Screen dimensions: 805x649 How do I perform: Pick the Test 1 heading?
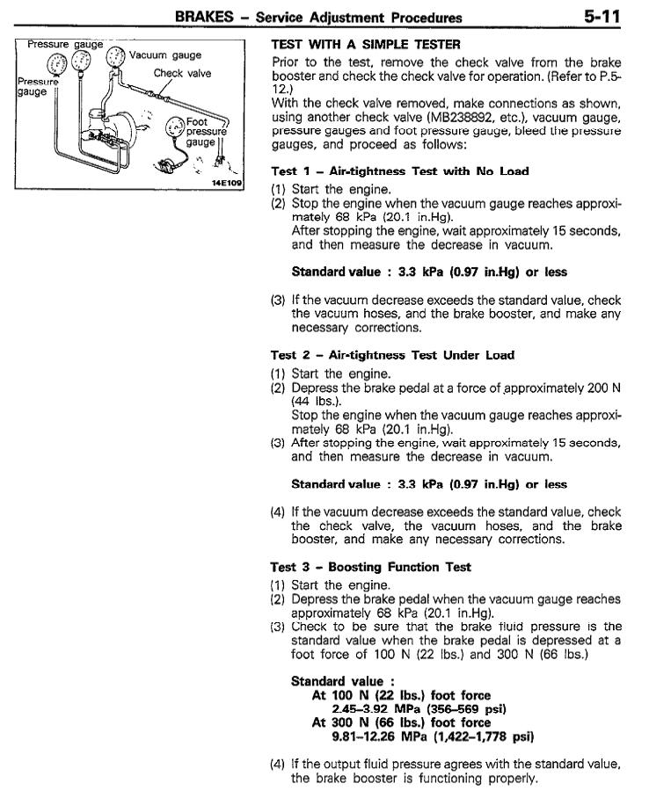tap(399, 171)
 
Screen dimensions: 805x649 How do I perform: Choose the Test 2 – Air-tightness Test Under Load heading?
tap(393, 355)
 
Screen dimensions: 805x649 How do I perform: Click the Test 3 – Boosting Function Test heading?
tap(370, 567)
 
